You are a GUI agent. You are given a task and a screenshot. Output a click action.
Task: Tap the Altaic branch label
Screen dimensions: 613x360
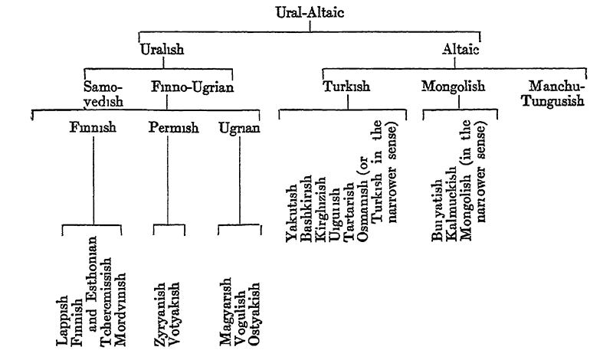(461, 49)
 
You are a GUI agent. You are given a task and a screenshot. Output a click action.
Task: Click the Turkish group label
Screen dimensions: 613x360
(346, 87)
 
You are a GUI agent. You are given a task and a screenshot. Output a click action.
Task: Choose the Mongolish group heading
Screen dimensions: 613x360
(453, 87)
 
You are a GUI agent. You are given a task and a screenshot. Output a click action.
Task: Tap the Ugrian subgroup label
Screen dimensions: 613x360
(240, 127)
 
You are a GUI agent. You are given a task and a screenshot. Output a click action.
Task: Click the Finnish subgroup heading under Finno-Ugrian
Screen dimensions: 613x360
(91, 127)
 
